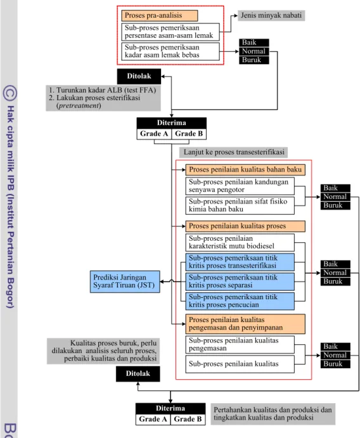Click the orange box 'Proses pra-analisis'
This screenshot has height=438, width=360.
click(160, 16)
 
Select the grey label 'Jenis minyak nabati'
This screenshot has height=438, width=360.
click(271, 15)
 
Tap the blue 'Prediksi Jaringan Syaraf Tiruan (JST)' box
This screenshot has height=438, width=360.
click(125, 281)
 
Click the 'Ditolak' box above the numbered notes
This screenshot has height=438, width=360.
click(139, 76)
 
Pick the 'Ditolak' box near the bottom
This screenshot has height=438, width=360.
click(138, 374)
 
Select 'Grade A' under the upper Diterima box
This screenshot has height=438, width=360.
click(154, 134)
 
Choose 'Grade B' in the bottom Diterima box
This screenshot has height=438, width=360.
click(188, 419)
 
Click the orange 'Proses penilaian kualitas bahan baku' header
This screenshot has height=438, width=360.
click(245, 170)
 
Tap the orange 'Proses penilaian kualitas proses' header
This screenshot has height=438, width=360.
click(245, 226)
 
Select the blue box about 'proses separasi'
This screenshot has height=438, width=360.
click(240, 281)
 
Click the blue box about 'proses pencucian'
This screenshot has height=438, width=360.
click(240, 301)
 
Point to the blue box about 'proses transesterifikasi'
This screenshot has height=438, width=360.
click(240, 262)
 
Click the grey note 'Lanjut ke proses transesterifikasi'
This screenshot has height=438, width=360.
click(233, 152)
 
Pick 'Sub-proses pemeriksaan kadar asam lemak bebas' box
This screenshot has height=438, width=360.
click(170, 51)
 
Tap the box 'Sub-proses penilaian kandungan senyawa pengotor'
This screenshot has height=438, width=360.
click(240, 186)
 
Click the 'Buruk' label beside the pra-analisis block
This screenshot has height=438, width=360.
click(254, 60)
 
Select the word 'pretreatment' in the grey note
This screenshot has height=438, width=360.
click(79, 106)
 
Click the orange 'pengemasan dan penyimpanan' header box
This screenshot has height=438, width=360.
click(245, 324)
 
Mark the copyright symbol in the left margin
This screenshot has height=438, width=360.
click(10, 93)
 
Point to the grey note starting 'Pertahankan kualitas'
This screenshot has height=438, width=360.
click(273, 414)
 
